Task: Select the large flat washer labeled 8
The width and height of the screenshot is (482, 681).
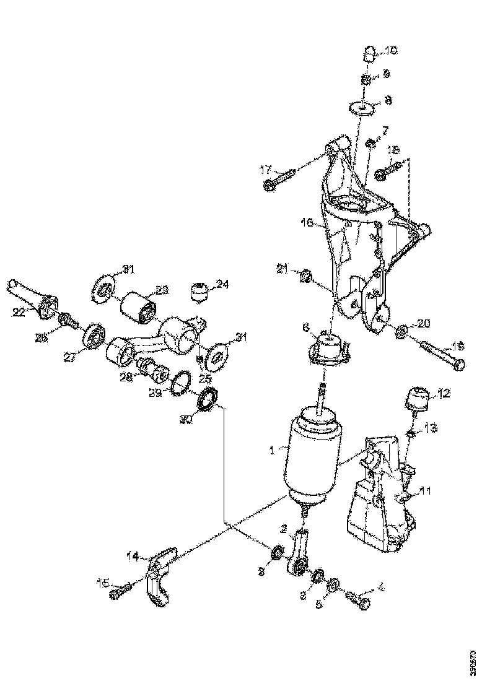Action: point(363,106)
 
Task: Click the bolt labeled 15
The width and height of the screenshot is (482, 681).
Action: point(121,589)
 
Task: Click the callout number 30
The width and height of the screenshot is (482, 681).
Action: point(185,419)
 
